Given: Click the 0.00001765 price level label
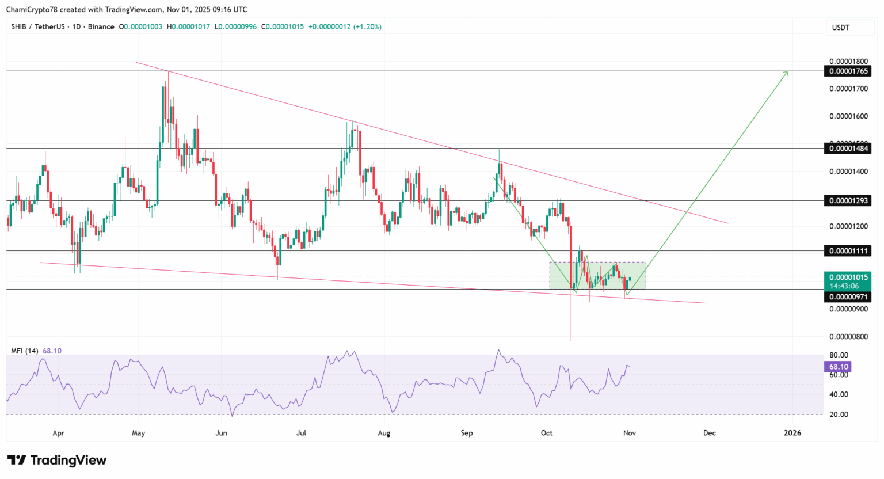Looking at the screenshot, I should (848, 71).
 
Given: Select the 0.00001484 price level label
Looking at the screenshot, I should (848, 149).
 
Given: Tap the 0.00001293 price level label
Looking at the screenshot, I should (848, 201).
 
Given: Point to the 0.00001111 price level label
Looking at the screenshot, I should (848, 251).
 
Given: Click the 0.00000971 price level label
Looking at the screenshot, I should (848, 297).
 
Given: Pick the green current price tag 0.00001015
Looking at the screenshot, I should (848, 277).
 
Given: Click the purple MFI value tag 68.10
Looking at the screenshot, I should (839, 367).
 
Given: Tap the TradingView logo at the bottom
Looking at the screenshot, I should (57, 460).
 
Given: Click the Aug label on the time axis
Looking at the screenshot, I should (384, 433).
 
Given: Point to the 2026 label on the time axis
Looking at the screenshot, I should (792, 433).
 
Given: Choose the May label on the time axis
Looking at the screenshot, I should (138, 433).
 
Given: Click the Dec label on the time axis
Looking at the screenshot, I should (710, 433).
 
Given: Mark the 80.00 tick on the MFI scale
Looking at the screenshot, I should (839, 355).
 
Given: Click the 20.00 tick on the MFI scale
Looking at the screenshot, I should (839, 415).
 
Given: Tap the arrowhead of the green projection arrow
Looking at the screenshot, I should (787, 72).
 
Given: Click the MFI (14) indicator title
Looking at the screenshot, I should (25, 351).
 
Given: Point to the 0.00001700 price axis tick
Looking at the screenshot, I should (848, 89).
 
